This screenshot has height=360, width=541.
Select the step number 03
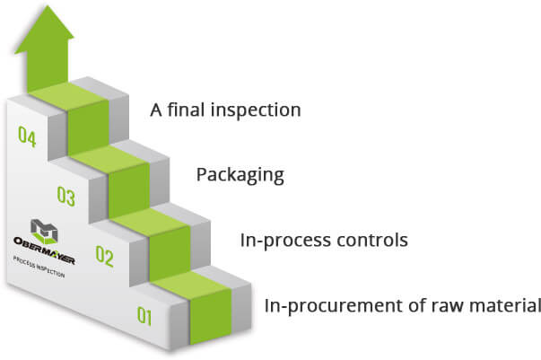tap(65, 196)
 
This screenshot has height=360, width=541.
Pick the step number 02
tap(105, 259)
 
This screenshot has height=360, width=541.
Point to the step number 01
tap(144, 315)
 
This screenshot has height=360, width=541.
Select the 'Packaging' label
tap(240, 174)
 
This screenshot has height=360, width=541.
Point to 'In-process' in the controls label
tap(284, 240)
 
